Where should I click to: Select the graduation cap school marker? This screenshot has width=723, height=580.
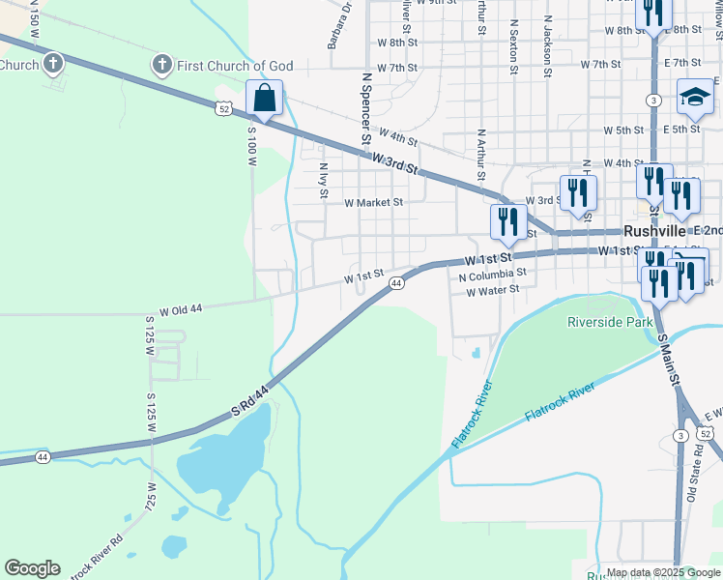pyautogui.click(x=694, y=95)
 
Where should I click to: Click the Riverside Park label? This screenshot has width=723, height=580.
pyautogui.click(x=609, y=321)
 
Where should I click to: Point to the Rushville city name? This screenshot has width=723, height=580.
pyautogui.click(x=654, y=232)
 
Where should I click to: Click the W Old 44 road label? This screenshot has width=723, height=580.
pyautogui.click(x=181, y=310)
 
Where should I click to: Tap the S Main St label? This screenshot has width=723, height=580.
pyautogui.click(x=667, y=357)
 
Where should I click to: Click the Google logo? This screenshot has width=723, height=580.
pyautogui.click(x=32, y=568)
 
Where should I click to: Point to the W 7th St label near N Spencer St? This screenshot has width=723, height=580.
pyautogui.click(x=397, y=68)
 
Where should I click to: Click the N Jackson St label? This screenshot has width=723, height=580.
pyautogui.click(x=546, y=44)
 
